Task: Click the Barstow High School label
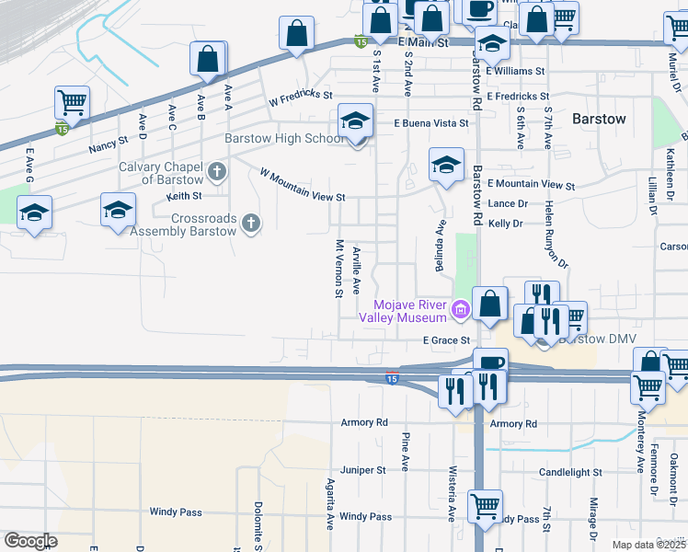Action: pyautogui.click(x=285, y=140)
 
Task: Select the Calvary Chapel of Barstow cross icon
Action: pyautogui.click(x=217, y=171)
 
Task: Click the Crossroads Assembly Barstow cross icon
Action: pyautogui.click(x=249, y=222)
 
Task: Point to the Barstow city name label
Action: pyautogui.click(x=599, y=119)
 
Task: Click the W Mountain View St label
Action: pyautogui.click(x=303, y=184)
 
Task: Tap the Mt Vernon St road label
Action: pyautogui.click(x=339, y=269)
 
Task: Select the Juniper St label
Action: pyautogui.click(x=363, y=470)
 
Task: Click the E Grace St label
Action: pyautogui.click(x=447, y=340)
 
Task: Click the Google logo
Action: pyautogui.click(x=30, y=541)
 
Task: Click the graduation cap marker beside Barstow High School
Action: pyautogui.click(x=355, y=121)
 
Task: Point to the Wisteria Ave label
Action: pyautogui.click(x=452, y=490)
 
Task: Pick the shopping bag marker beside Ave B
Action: pyautogui.click(x=209, y=58)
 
